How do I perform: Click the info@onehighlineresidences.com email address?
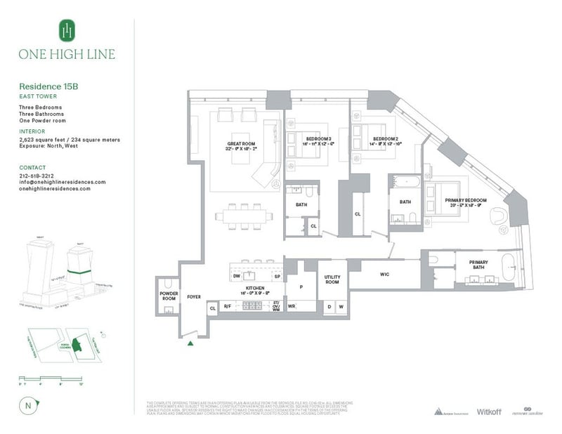[x=62, y=182]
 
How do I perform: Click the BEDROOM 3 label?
[x=318, y=139]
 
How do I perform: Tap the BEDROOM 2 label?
[x=386, y=139]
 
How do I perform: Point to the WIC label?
[x=385, y=274]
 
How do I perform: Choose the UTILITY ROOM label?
[x=332, y=279]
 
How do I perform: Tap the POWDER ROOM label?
[x=167, y=296]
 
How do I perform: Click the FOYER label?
[x=194, y=297]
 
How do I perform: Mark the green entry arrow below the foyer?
[x=190, y=343]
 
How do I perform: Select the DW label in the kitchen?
[x=237, y=277]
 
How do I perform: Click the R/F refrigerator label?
[x=228, y=307]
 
